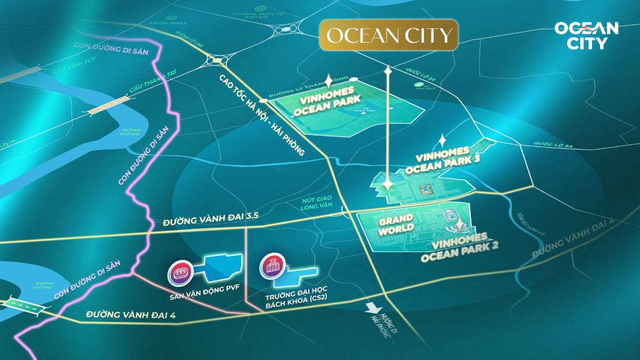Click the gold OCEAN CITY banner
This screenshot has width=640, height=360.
point(389,35)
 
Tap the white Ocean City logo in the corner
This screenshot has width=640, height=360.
point(586,35)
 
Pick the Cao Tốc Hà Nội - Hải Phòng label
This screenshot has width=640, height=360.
point(261,114)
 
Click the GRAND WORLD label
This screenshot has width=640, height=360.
point(396,223)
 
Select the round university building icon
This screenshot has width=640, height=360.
point(271,267)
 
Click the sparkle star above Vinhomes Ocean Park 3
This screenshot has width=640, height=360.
point(442,141)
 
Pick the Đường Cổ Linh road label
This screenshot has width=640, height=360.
point(187,41)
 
